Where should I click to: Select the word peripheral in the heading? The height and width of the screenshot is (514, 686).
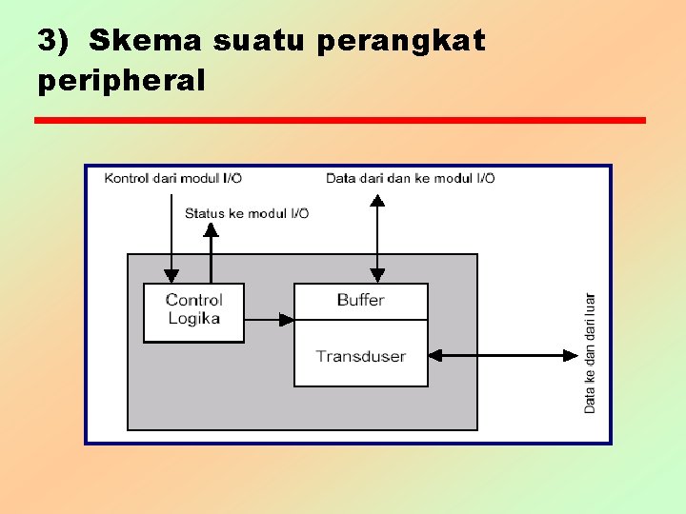pyautogui.click(x=121, y=80)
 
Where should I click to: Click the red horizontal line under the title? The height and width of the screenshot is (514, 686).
pyautogui.click(x=339, y=120)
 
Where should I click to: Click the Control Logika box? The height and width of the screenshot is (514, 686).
pyautogui.click(x=193, y=311)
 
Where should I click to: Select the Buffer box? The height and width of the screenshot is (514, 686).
pyautogui.click(x=360, y=300)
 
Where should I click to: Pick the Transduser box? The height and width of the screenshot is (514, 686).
pyautogui.click(x=360, y=356)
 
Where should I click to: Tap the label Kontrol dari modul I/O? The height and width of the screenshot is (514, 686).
pyautogui.click(x=172, y=178)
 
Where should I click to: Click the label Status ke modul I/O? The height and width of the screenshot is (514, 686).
pyautogui.click(x=246, y=213)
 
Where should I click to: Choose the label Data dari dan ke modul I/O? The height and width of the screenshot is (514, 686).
pyautogui.click(x=410, y=178)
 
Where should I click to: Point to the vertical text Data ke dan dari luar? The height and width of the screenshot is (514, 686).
pyautogui.click(x=590, y=352)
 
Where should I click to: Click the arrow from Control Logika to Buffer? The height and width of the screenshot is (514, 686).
pyautogui.click(x=269, y=320)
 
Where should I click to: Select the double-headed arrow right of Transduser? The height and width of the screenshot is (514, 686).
pyautogui.click(x=502, y=355)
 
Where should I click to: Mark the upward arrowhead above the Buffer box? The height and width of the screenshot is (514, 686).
pyautogui.click(x=377, y=200)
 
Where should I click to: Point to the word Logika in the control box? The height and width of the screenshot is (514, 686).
pyautogui.click(x=193, y=319)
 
